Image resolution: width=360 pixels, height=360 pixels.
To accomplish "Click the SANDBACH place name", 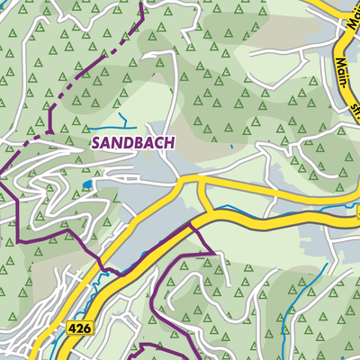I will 133,142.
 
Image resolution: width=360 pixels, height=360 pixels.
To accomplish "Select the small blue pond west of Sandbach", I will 86,184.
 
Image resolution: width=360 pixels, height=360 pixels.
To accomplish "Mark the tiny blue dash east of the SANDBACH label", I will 231,146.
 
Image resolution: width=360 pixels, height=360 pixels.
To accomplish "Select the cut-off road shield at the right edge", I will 356,213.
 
